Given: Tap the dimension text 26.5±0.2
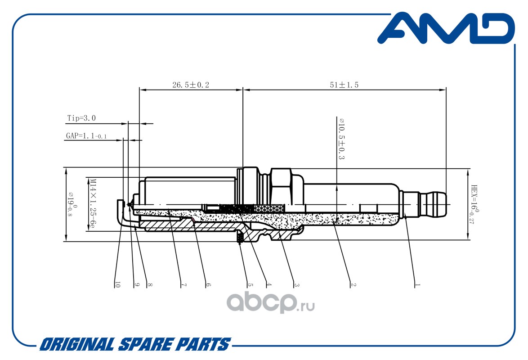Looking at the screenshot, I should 191,85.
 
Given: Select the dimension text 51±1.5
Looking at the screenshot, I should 344,85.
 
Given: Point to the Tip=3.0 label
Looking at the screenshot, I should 81,118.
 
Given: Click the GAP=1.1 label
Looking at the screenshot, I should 85,135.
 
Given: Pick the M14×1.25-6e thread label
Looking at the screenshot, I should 92,203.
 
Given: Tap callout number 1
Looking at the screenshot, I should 417,284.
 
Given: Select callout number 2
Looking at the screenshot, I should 353,284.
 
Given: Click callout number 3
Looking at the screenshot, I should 297,284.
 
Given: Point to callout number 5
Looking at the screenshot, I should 251,284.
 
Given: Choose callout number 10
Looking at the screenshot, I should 118,284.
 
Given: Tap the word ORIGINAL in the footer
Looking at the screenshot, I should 76,345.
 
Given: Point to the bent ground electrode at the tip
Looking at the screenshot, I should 121,214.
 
